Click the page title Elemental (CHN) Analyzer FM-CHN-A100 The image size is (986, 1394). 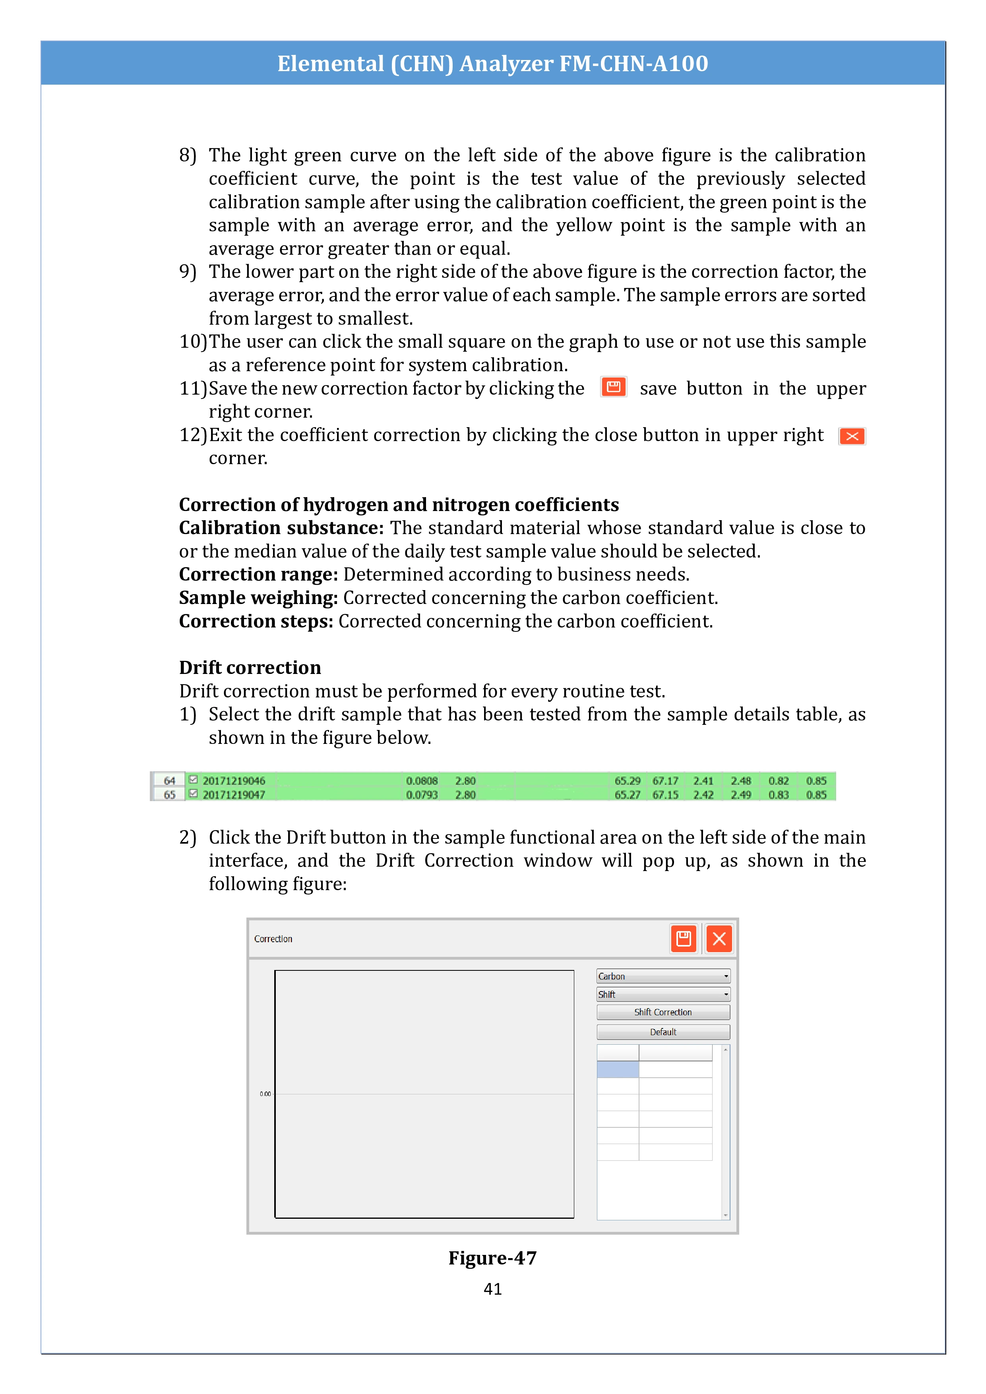coord(492,63)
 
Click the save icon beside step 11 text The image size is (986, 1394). coord(613,387)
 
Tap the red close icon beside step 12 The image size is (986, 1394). coord(852,436)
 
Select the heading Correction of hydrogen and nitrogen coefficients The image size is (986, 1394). coord(398,505)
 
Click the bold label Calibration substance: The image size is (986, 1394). coord(281,528)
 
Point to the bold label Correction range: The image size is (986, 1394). coord(258,574)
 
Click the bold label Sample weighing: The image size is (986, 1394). coord(258,598)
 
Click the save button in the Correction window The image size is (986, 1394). coord(684,939)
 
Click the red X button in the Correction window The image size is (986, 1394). coord(719,939)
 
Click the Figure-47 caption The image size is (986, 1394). coord(492,1257)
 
